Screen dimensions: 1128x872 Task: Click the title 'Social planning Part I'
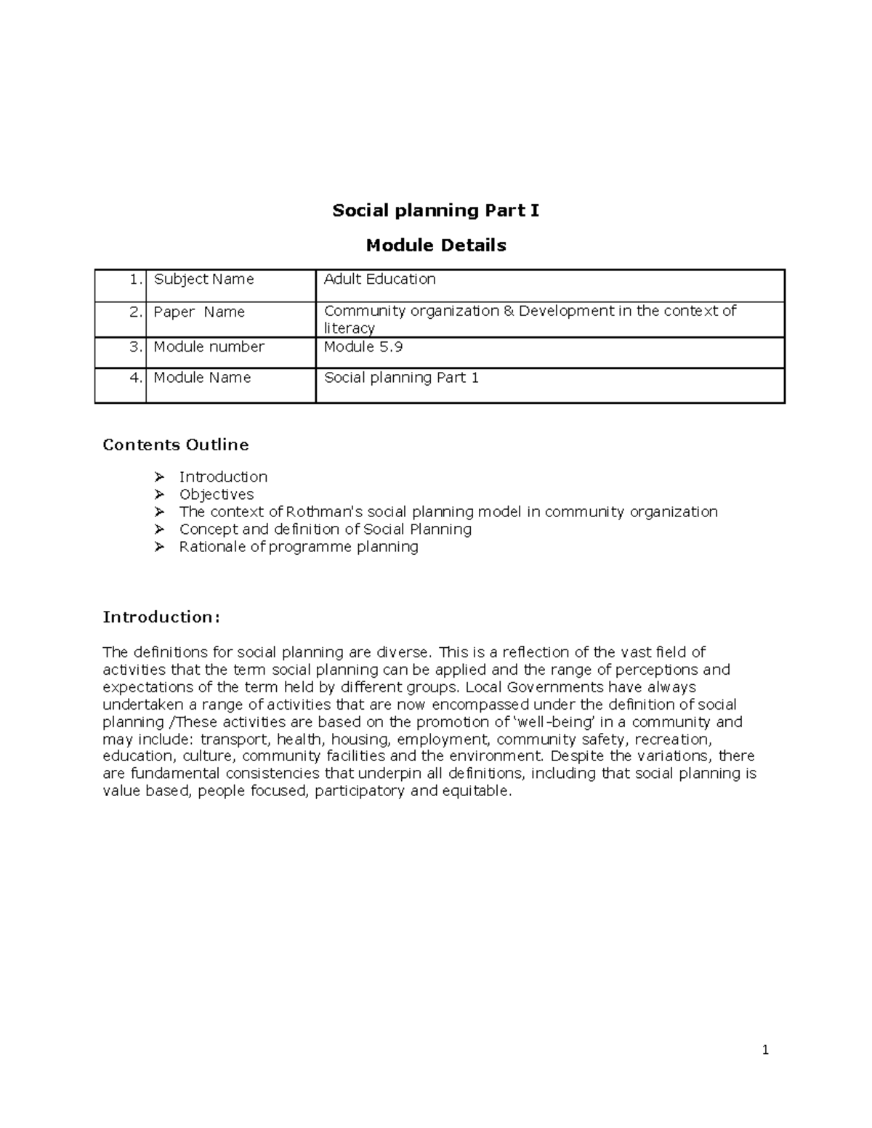point(435,211)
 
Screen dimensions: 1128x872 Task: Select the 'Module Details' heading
point(435,246)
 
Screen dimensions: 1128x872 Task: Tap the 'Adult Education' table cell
point(379,280)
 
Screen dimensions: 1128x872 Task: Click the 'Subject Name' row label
point(203,280)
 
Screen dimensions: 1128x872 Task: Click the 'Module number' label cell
point(209,347)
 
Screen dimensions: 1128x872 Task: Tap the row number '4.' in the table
point(136,378)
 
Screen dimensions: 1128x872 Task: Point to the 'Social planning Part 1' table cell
point(401,378)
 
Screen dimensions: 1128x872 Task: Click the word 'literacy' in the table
point(349,328)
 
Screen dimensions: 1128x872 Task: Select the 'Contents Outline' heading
point(176,445)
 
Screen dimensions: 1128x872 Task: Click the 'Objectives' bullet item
point(217,495)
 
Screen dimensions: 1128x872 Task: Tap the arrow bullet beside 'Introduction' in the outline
point(159,477)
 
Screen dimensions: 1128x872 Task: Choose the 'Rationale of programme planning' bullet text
point(299,547)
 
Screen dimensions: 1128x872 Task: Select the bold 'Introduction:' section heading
point(161,617)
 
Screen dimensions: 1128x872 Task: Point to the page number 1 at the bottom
point(765,1050)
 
